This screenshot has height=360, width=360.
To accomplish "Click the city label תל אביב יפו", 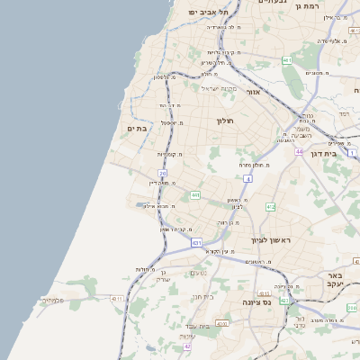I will pyautogui.click(x=209, y=12).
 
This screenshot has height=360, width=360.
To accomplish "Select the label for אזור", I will pyautogui.click(x=253, y=92).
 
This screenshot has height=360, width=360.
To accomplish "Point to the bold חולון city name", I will pyautogui.click(x=224, y=120).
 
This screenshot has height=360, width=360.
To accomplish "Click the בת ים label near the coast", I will pyautogui.click(x=137, y=129).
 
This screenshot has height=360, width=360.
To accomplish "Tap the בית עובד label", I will pyautogui.click(x=209, y=326).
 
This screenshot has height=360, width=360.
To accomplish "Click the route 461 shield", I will pyautogui.click(x=287, y=61).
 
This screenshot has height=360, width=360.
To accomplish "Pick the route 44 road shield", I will pyautogui.click(x=298, y=152).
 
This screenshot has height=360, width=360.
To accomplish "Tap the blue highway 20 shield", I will pyautogui.click(x=162, y=173).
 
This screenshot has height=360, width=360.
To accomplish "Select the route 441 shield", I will pyautogui.click(x=195, y=194).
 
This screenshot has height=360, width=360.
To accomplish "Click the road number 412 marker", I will pyautogui.click(x=270, y=207).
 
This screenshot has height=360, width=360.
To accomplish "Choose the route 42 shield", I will pyautogui.click(x=187, y=346).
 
